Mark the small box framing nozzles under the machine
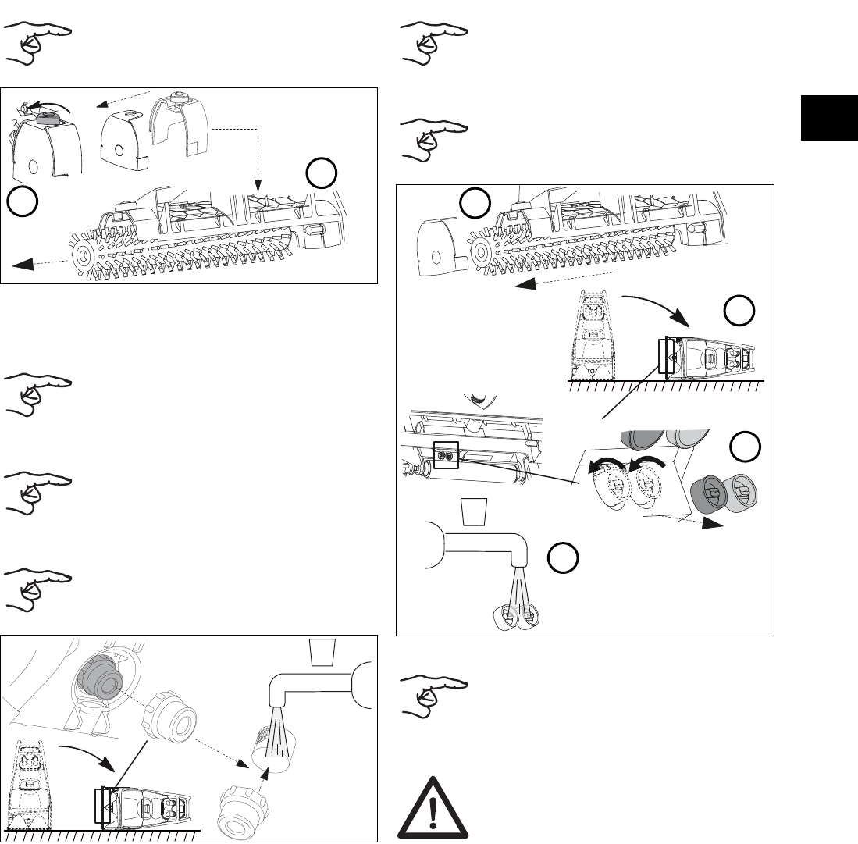[x=445, y=454]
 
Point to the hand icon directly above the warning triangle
[x=429, y=693]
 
